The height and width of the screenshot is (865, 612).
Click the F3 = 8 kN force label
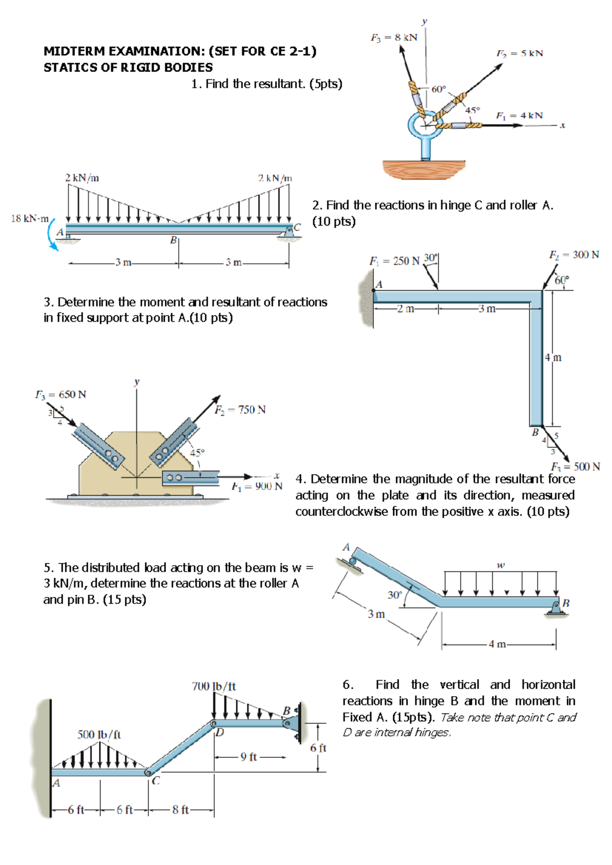[393, 37]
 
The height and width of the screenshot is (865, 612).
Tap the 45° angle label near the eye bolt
[472, 110]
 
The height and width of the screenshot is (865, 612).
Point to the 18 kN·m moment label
[30, 218]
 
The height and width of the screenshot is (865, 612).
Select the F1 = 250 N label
[394, 261]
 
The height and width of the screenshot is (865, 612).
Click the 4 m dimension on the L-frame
[553, 358]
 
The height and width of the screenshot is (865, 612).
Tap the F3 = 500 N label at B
[575, 466]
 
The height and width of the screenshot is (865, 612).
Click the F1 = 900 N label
[257, 486]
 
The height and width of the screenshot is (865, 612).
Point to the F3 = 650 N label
[61, 394]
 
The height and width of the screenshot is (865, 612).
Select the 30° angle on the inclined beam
[395, 595]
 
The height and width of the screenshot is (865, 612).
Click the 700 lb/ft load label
[214, 686]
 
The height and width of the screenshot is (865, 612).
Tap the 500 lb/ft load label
[99, 734]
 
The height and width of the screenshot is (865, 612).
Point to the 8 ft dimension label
[181, 809]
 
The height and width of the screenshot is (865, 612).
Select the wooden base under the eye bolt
[424, 169]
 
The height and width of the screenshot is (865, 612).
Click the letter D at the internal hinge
[219, 733]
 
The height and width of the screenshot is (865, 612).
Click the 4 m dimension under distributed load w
[497, 644]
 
